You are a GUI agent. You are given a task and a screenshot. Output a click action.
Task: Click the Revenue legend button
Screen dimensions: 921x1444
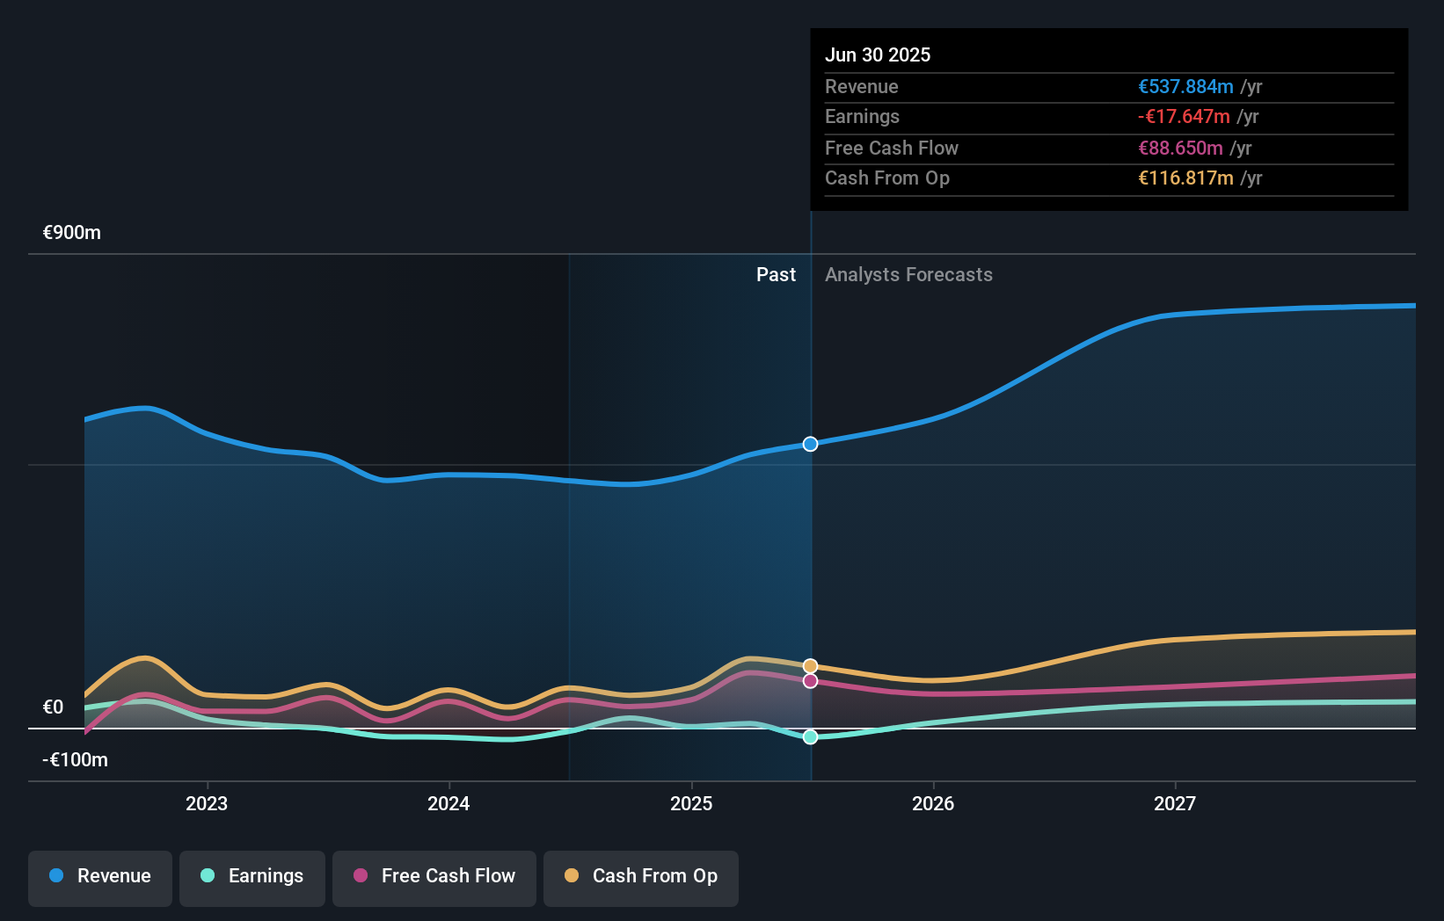pos(100,876)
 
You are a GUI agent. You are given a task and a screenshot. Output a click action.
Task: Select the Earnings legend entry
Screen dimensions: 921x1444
pos(252,876)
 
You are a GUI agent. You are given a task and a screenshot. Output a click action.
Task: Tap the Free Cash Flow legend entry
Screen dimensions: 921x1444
pos(434,876)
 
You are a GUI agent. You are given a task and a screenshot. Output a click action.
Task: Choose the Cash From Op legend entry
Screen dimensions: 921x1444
pos(641,876)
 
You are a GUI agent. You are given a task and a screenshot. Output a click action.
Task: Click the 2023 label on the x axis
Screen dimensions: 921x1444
pos(207,803)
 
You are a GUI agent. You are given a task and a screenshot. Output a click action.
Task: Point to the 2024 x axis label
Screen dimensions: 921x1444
pos(449,803)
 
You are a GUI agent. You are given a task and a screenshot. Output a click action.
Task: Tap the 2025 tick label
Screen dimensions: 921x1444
pos(691,803)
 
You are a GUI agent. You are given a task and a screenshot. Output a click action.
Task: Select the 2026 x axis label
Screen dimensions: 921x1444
pos(933,803)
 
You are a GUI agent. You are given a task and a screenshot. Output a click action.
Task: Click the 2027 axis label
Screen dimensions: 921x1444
pos(1175,803)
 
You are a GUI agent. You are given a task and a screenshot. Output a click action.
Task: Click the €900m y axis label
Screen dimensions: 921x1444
pos(72,233)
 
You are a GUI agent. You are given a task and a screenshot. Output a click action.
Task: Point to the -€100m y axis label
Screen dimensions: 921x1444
pos(75,760)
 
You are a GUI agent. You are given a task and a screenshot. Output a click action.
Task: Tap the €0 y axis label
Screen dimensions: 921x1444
pos(54,707)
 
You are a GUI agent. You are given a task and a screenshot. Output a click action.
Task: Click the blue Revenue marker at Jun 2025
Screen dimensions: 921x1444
pos(811,444)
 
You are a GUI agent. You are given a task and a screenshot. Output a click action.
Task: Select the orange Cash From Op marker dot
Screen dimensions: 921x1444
pos(811,666)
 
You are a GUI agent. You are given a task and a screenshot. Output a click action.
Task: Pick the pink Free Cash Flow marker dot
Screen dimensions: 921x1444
pos(811,681)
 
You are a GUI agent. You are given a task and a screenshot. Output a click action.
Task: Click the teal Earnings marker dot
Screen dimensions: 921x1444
pos(811,736)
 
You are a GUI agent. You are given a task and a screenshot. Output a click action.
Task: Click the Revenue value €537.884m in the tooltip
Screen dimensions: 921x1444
pos(1185,87)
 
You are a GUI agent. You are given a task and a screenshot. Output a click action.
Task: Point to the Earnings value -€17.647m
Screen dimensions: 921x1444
pos(1184,117)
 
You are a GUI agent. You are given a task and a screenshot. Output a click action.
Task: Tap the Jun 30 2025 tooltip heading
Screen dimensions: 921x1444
pos(878,54)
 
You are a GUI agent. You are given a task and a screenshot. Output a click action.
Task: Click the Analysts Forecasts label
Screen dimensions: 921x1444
pos(908,275)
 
